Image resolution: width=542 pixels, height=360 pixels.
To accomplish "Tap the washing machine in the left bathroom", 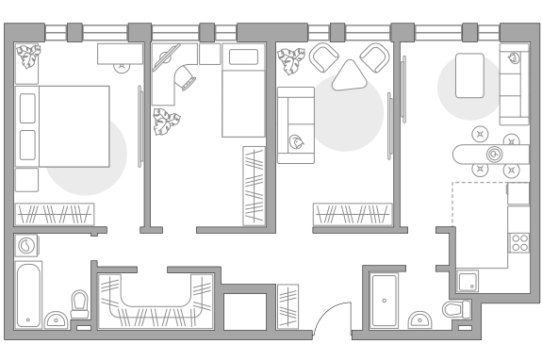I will [x=28, y=246].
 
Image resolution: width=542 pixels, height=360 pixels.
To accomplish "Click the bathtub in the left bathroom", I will [x=29, y=294].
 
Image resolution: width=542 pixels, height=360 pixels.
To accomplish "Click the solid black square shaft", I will [x=245, y=311].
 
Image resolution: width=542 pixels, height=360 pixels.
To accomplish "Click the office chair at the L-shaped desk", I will [x=186, y=79].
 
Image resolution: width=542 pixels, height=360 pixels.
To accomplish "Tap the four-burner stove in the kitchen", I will [x=519, y=242].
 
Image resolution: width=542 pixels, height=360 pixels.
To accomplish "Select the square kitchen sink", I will [x=468, y=280].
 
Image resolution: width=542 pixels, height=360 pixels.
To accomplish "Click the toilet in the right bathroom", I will [x=456, y=309].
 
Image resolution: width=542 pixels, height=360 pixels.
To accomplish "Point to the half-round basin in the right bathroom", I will [x=419, y=320].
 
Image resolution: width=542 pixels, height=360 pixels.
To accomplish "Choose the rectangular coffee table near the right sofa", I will [x=469, y=75].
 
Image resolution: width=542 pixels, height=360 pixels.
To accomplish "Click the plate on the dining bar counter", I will [x=492, y=154].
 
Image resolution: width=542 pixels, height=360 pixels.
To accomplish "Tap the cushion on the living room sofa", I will [x=297, y=142].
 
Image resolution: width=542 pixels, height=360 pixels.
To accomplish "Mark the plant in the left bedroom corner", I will [x=28, y=57].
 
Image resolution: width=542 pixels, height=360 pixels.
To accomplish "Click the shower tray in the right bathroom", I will [x=385, y=300].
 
